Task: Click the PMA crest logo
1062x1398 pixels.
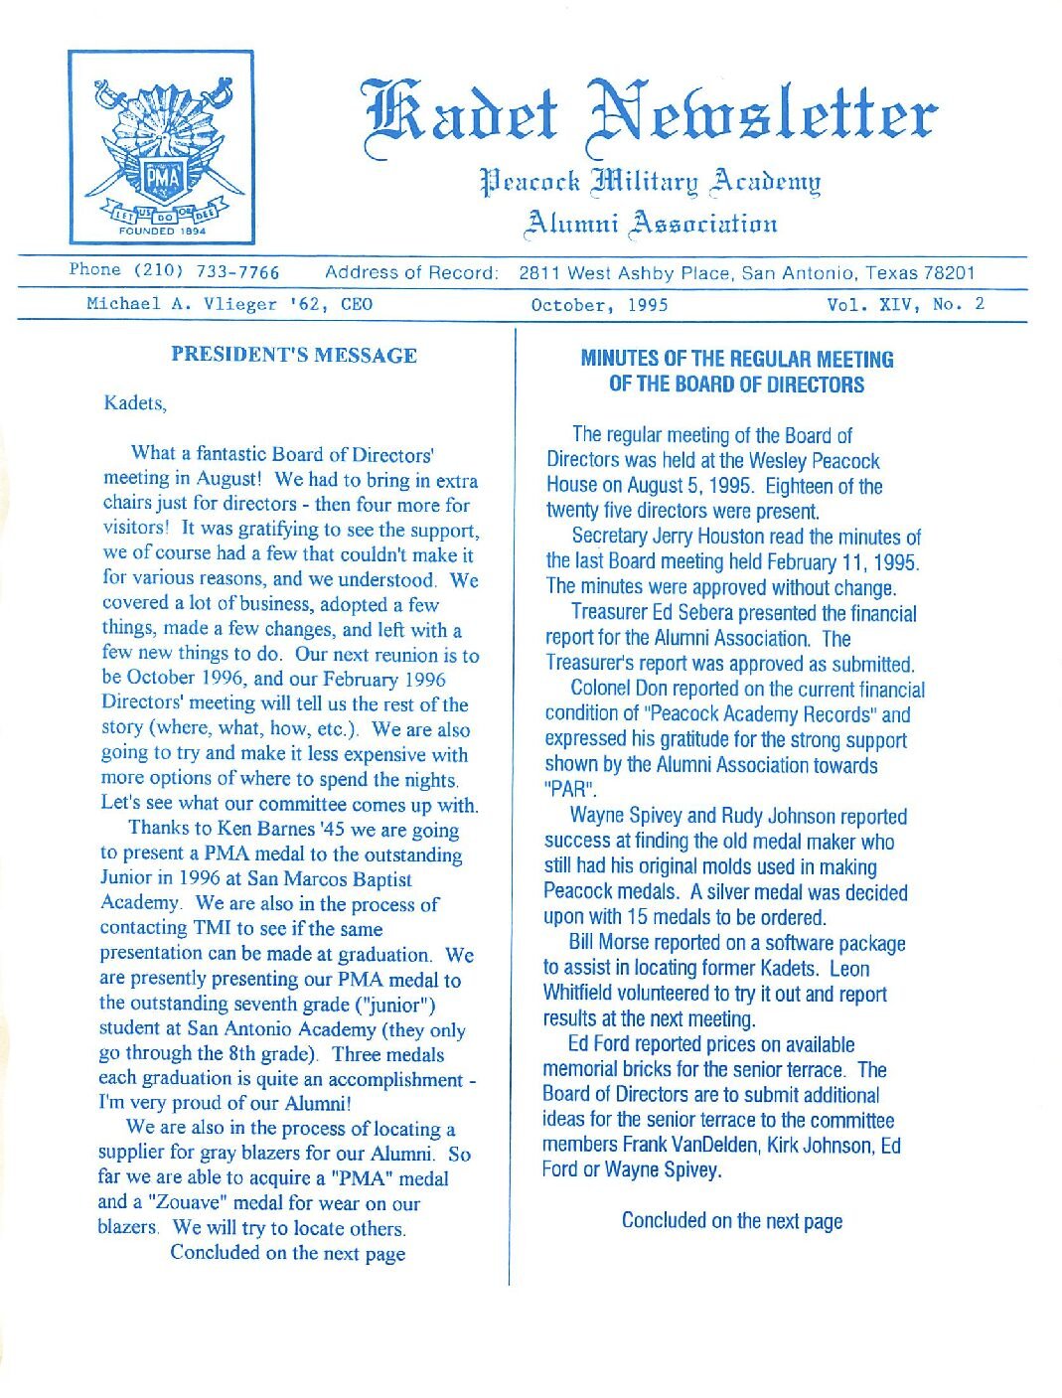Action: pos(162,146)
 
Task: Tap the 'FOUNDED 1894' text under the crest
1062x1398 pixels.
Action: pos(161,231)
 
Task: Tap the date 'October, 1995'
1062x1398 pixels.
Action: pos(599,305)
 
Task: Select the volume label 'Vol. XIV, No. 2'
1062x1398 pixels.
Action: pos(905,304)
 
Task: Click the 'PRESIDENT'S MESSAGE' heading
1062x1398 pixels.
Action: pos(293,355)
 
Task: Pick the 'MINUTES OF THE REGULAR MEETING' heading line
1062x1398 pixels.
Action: pos(736,359)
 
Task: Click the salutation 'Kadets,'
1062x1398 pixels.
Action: pos(135,403)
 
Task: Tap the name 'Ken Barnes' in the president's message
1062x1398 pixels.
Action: pos(262,829)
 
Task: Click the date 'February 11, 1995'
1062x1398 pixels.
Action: pos(841,561)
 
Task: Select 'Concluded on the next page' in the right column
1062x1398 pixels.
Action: pos(731,1220)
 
